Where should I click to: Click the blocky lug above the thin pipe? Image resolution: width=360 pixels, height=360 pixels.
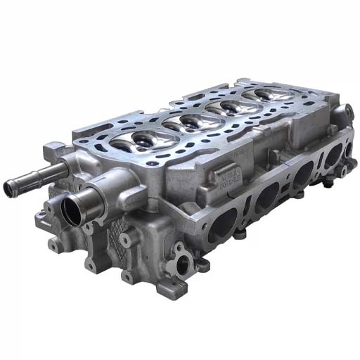(56, 150)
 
